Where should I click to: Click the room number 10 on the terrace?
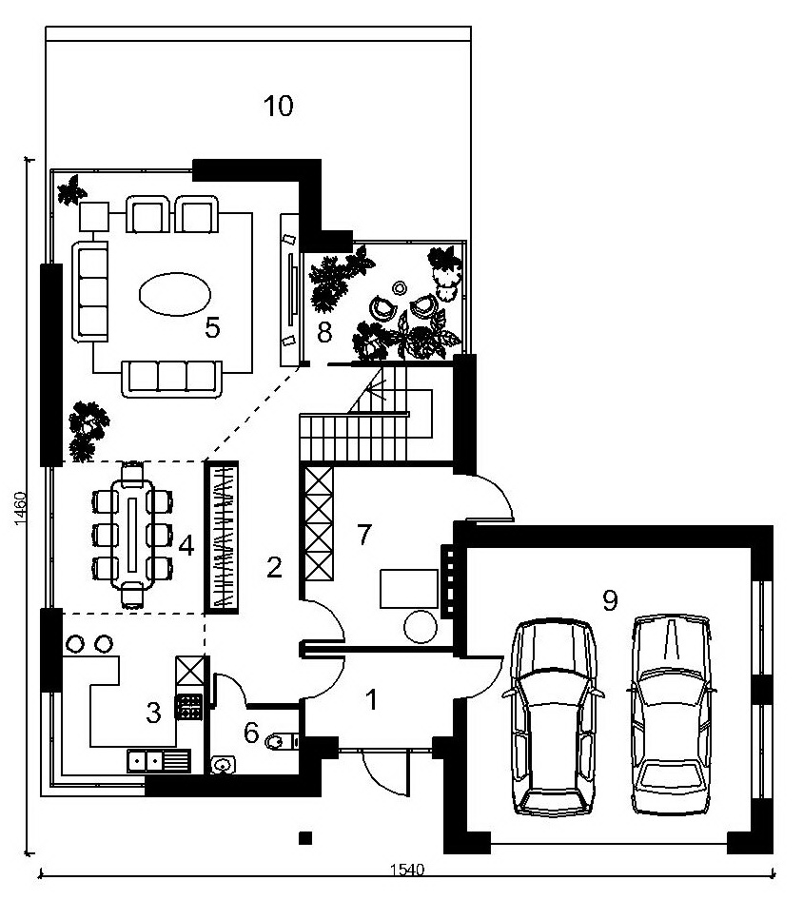tap(279, 107)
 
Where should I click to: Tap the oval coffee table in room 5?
tap(175, 295)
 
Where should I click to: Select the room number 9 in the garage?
tap(610, 600)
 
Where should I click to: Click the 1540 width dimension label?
tap(407, 870)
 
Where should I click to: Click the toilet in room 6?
tap(280, 741)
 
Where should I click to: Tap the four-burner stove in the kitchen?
tap(189, 706)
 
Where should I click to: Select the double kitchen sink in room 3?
tap(159, 761)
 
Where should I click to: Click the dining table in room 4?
tap(132, 534)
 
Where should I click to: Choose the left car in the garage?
tap(554, 717)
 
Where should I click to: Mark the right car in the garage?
tap(670, 714)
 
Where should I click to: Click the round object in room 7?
tap(421, 627)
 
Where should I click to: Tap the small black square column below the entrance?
tap(305, 838)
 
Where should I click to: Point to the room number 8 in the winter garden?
tap(324, 332)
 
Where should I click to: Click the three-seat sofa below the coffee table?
tap(171, 379)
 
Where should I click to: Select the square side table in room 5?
tap(94, 216)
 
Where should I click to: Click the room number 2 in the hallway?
tap(274, 567)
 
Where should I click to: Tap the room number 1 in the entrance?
tap(372, 699)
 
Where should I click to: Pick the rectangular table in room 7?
tap(409, 588)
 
